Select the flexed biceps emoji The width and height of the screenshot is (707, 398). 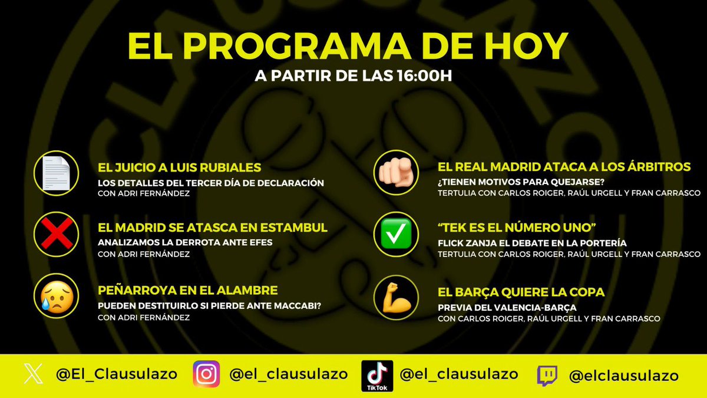click(396, 299)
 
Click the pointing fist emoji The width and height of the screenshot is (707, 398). click(396, 172)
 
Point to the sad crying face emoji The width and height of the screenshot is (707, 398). click(56, 299)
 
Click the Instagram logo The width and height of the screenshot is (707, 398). click(206, 375)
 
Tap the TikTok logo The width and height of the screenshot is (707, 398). click(376, 376)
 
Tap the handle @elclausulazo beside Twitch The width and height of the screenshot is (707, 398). click(623, 376)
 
